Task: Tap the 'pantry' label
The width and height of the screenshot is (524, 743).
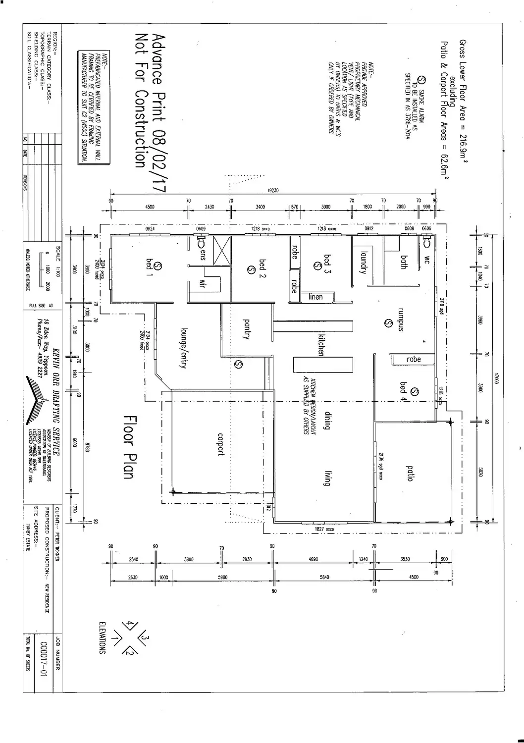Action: pos(246,328)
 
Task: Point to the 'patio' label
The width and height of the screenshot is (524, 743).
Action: pos(410,473)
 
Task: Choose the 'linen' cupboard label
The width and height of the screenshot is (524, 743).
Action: pos(315,297)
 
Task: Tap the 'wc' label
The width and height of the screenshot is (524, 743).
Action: pos(427,258)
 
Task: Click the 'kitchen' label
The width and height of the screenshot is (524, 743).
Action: pos(321,344)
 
